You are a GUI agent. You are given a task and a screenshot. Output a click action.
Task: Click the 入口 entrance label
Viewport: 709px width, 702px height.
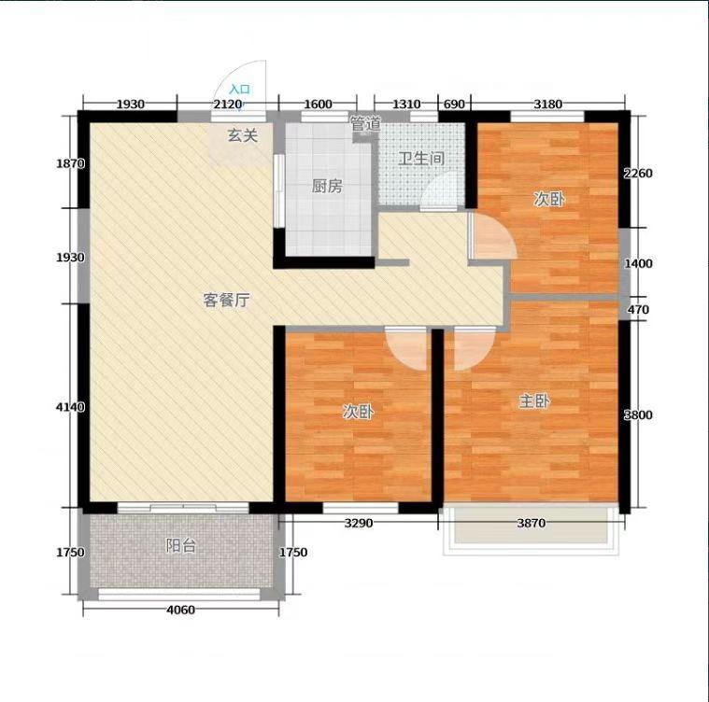pyautogui.click(x=240, y=89)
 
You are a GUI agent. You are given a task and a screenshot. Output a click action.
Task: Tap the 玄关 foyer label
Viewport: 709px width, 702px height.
pyautogui.click(x=243, y=135)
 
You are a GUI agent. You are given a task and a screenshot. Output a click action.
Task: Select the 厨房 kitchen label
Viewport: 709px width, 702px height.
pyautogui.click(x=327, y=186)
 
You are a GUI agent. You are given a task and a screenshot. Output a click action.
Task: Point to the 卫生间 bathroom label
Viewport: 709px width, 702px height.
pyautogui.click(x=421, y=158)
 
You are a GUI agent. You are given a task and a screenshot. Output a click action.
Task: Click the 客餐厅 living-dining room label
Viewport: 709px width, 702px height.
pyautogui.click(x=227, y=300)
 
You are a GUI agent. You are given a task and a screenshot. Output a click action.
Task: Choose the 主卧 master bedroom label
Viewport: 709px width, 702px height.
pyautogui.click(x=534, y=400)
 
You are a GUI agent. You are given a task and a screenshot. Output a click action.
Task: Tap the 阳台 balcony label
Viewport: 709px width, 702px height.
pyautogui.click(x=181, y=546)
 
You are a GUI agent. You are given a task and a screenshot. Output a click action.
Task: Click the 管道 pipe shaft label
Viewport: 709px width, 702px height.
pyautogui.click(x=366, y=123)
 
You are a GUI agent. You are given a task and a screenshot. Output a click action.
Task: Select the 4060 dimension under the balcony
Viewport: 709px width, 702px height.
pyautogui.click(x=181, y=610)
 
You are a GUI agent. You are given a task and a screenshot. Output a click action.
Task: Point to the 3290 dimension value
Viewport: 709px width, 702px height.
pyautogui.click(x=359, y=523)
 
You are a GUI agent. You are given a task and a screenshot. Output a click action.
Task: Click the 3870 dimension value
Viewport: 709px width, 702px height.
pyautogui.click(x=532, y=523)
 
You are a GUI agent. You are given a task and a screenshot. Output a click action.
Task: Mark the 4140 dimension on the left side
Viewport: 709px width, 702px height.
pyautogui.click(x=70, y=407)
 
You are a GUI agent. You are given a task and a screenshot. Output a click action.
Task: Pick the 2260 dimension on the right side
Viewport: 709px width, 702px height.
pyautogui.click(x=638, y=173)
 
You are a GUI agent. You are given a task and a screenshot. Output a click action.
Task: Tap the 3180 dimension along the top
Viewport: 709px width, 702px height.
pyautogui.click(x=548, y=105)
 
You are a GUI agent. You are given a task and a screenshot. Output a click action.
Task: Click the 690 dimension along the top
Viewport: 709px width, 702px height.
pyautogui.click(x=454, y=105)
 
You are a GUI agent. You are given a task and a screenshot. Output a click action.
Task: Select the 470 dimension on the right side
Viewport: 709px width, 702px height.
pyautogui.click(x=638, y=310)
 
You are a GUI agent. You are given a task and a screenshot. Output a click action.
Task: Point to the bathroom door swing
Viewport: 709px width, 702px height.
pyautogui.click(x=439, y=193)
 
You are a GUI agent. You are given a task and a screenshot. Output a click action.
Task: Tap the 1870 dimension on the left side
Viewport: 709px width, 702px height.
pyautogui.click(x=70, y=163)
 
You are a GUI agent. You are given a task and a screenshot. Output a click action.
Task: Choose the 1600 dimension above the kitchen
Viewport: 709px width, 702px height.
pyautogui.click(x=318, y=105)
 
